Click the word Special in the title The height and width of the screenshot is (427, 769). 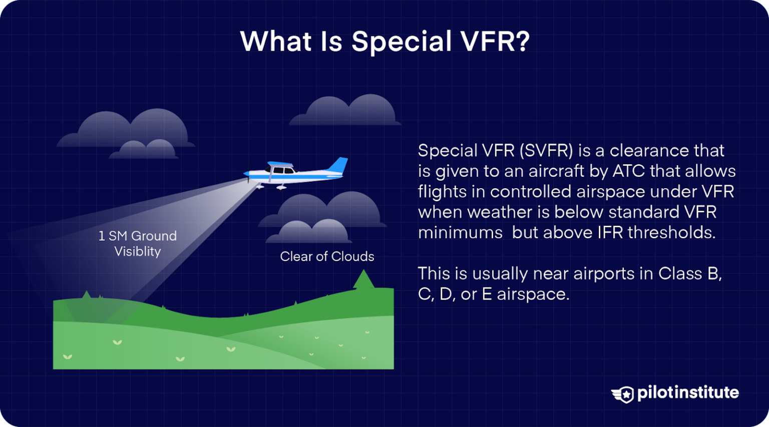click(x=401, y=41)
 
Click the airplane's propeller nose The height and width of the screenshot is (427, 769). click(x=246, y=174)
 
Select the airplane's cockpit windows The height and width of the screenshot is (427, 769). click(x=283, y=171)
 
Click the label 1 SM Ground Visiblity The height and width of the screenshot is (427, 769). click(x=138, y=243)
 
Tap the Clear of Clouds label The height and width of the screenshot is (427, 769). click(x=327, y=256)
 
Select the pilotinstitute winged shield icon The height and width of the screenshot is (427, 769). click(x=623, y=394)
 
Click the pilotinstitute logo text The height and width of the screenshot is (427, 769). click(x=688, y=392)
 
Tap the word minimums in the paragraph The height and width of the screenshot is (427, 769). click(x=460, y=233)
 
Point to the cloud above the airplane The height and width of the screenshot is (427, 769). click(x=345, y=111)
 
